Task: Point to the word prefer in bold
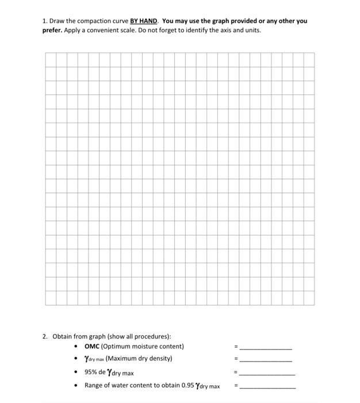[53, 29]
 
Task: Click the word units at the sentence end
[252, 29]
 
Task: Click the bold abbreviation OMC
[92, 346]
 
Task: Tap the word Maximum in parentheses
[124, 359]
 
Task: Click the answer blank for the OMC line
[266, 348]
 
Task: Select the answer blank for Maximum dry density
[266, 360]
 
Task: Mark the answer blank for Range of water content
[267, 387]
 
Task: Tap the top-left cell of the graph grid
[51, 59]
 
